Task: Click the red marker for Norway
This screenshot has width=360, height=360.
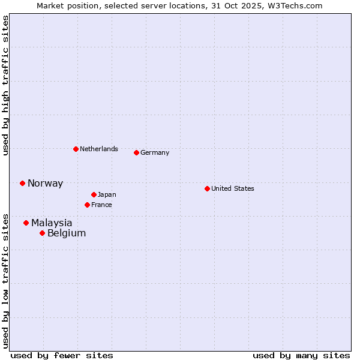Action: (x=22, y=183)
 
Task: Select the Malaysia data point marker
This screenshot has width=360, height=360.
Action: (x=26, y=223)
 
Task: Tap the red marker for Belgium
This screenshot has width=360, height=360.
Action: (x=42, y=233)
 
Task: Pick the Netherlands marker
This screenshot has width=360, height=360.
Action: (x=76, y=149)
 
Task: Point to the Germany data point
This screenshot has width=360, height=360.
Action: (x=136, y=152)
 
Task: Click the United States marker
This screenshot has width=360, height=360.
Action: (x=207, y=188)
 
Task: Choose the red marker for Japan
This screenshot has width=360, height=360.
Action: (x=94, y=194)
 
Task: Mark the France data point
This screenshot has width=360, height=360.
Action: (x=87, y=205)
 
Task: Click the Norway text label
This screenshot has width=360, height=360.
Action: (x=45, y=184)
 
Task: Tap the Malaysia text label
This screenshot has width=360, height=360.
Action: (x=52, y=223)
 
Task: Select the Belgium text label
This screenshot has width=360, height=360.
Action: (x=67, y=233)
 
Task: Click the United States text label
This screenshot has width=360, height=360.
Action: (x=233, y=188)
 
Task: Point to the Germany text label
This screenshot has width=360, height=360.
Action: (x=155, y=152)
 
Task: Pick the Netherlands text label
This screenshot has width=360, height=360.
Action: (x=99, y=149)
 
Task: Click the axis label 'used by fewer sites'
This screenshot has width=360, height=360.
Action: (x=62, y=355)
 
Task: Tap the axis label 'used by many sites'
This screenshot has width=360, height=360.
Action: (x=301, y=355)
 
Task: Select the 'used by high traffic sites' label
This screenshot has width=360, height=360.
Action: (x=6, y=85)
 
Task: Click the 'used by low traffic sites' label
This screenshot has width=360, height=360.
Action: (x=6, y=280)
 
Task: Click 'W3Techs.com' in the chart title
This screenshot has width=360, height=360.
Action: (x=294, y=6)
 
